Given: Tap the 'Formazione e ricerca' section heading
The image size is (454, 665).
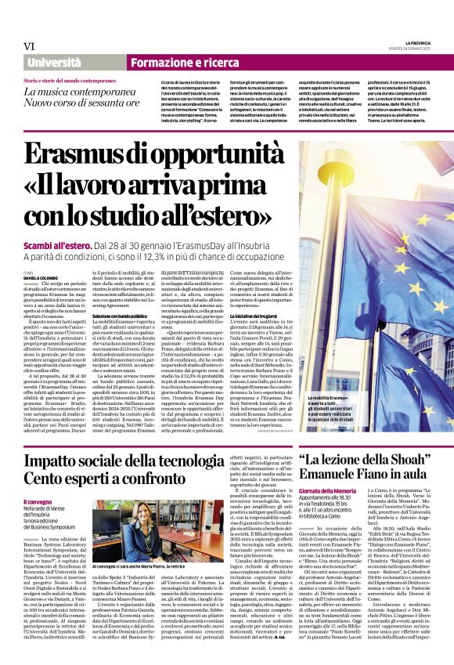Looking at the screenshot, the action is [174, 62].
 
